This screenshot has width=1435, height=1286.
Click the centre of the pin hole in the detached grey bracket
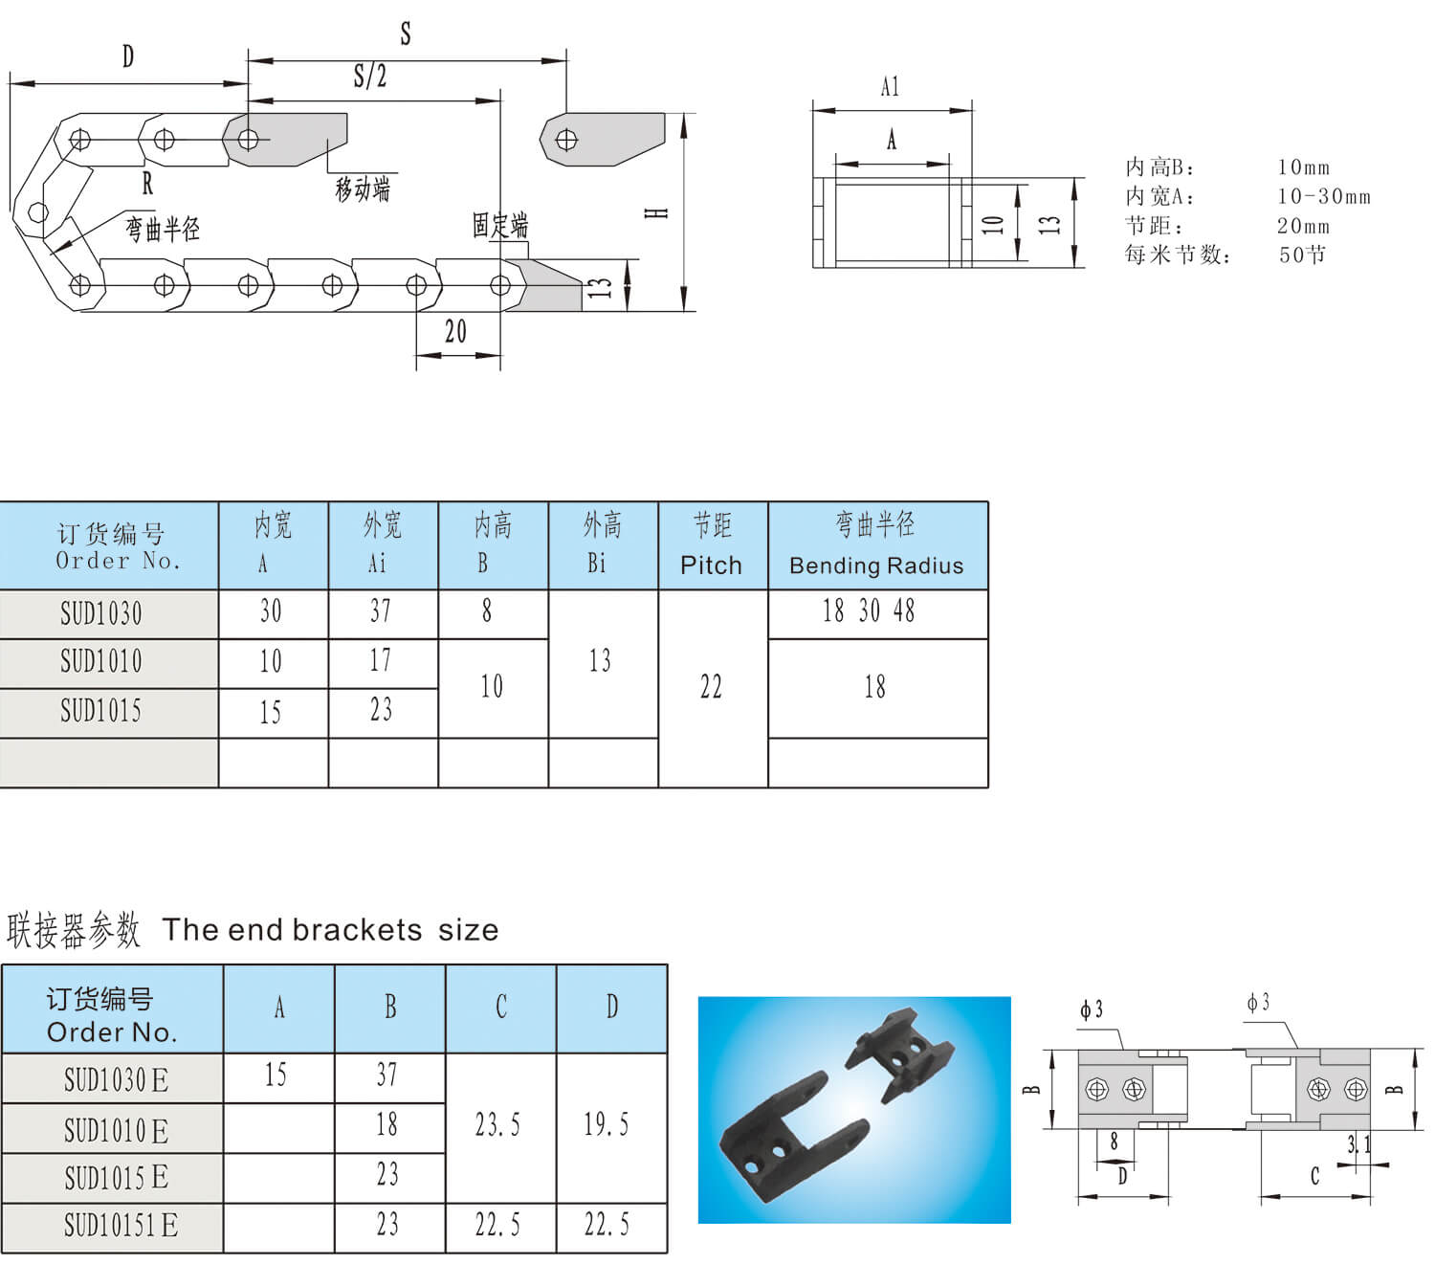[566, 140]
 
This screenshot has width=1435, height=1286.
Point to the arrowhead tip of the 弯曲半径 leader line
[51, 254]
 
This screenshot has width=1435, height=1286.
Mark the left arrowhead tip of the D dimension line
[10, 83]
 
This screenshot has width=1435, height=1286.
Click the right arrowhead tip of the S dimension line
[566, 61]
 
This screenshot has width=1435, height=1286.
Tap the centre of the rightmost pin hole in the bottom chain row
[500, 285]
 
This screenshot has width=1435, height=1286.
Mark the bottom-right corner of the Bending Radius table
[987, 787]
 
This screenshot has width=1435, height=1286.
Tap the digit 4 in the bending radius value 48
[899, 610]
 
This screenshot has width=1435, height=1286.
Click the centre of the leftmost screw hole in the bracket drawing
[1096, 1089]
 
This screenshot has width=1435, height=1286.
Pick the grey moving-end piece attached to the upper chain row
[286, 140]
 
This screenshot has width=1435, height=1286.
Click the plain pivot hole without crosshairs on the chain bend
[37, 211]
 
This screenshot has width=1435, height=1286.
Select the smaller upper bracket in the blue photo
[898, 1051]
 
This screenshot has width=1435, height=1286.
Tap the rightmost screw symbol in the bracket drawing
[1355, 1089]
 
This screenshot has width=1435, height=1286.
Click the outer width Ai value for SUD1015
[381, 710]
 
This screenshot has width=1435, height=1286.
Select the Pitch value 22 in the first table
[711, 687]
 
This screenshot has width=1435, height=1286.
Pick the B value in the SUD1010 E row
[386, 1124]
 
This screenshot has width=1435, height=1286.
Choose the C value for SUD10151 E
[497, 1225]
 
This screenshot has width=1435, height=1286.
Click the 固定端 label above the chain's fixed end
[500, 225]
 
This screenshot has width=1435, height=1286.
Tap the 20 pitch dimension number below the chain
[455, 331]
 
